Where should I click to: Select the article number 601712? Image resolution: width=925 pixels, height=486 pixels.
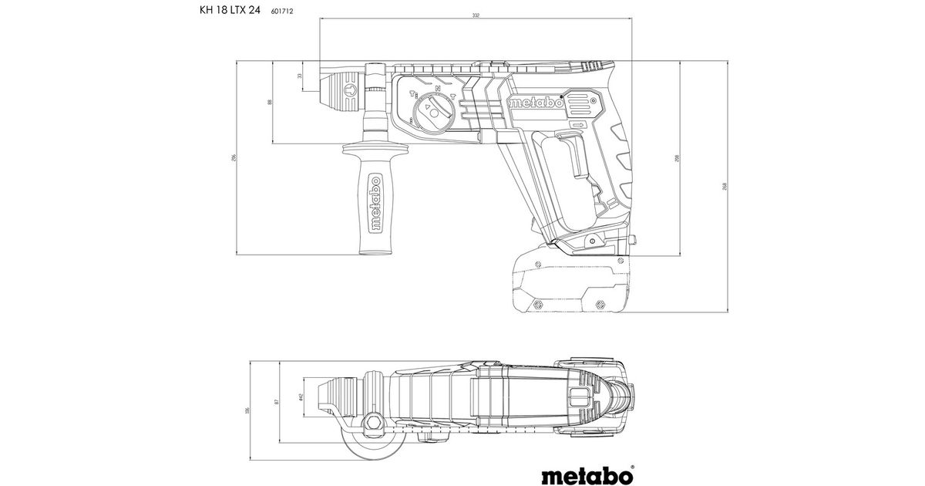click(x=284, y=12)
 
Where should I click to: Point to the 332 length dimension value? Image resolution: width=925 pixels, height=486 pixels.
click(x=475, y=15)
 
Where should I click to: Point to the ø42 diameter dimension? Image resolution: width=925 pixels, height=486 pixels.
click(x=300, y=399)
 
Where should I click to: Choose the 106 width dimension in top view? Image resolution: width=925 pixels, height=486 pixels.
click(x=247, y=410)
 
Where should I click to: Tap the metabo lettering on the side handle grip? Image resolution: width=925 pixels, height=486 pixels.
click(x=375, y=204)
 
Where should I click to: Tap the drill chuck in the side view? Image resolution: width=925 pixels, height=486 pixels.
click(x=344, y=91)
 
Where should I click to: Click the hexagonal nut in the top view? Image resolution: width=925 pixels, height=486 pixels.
click(x=374, y=421)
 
